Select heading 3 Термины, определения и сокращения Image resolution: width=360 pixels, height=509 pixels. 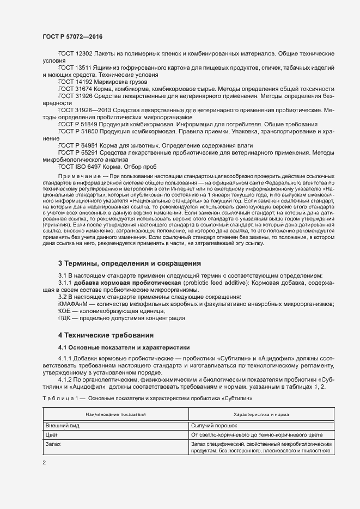pos(130,263)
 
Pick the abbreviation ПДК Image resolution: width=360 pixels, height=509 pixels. pos(65,318)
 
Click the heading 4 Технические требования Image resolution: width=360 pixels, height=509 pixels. pos(106,334)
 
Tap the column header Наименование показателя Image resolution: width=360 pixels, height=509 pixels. pos(115,414)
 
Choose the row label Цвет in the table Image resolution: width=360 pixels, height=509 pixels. pos(52,435)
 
